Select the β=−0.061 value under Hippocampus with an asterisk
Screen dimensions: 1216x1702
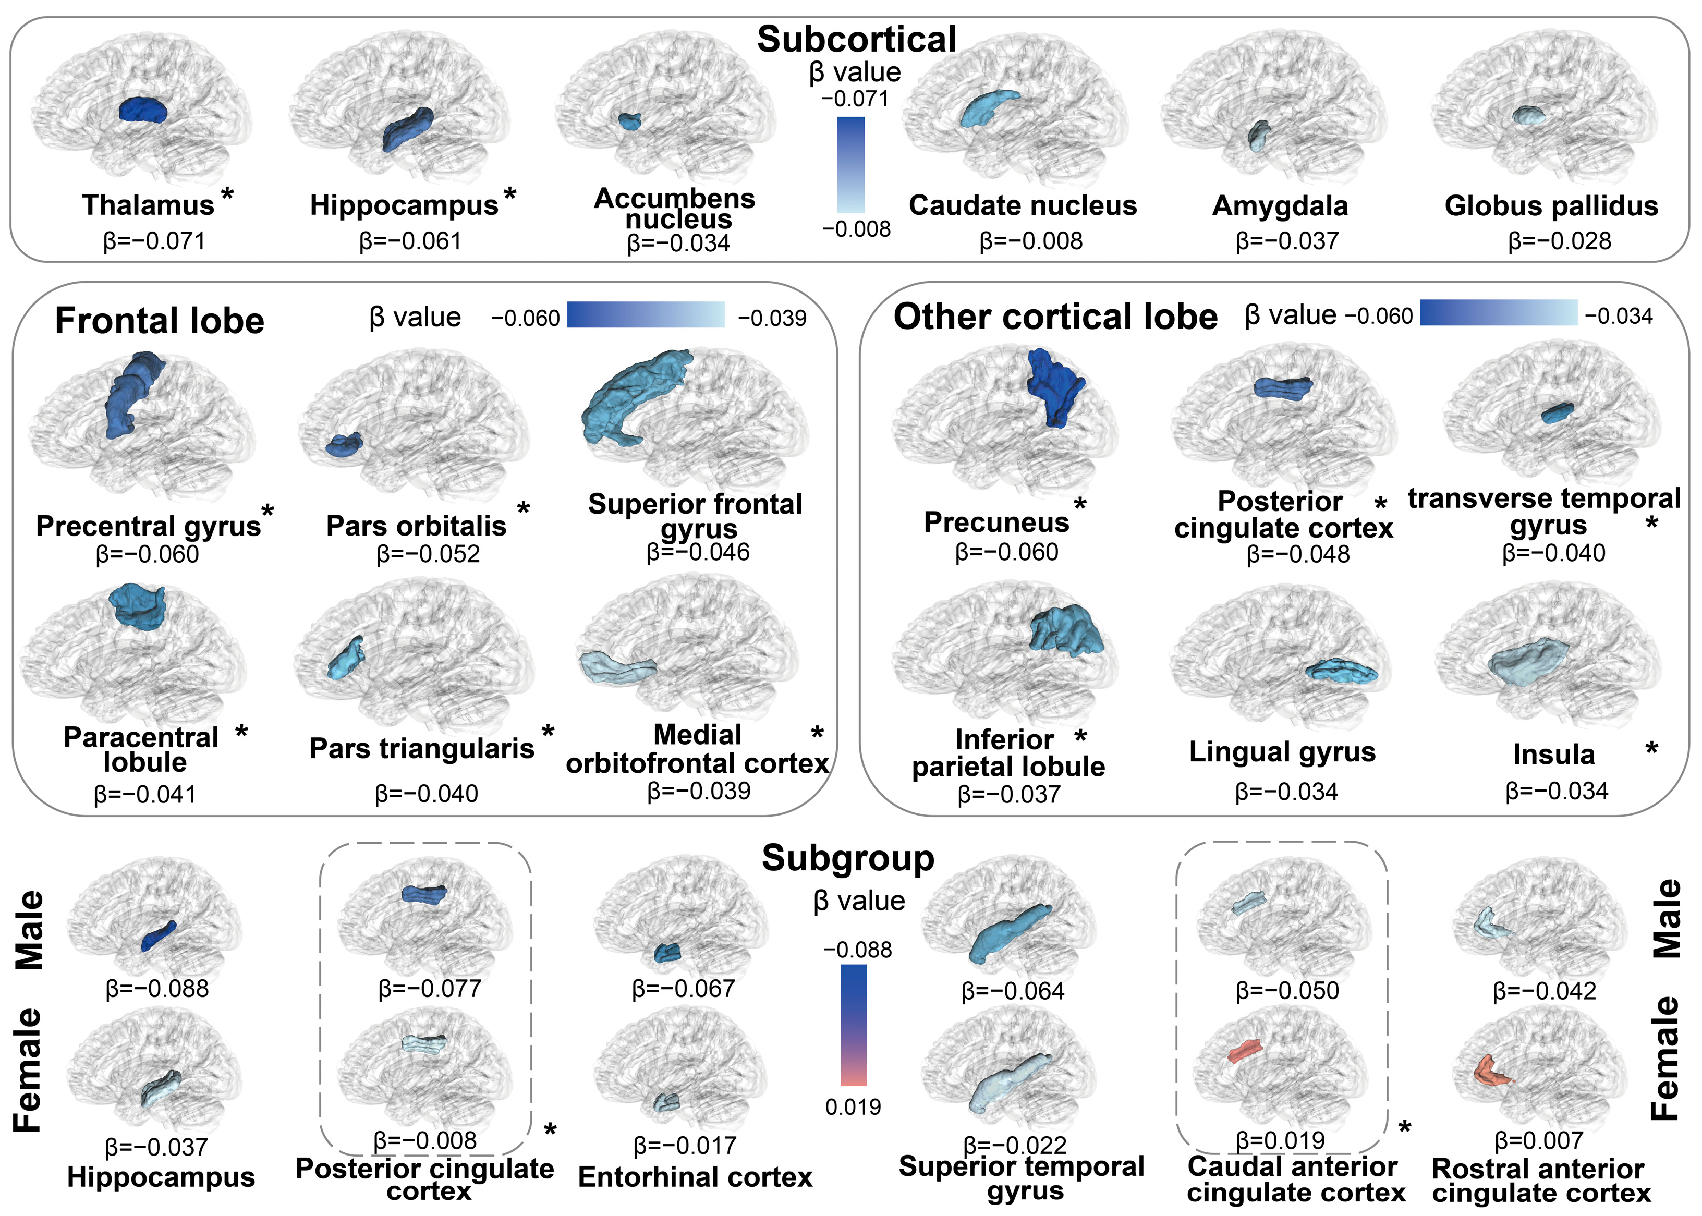(x=410, y=241)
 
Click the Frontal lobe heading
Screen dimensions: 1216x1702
(x=160, y=321)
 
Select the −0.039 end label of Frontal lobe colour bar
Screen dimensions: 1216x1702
(x=772, y=318)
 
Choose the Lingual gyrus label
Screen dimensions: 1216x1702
(x=1282, y=752)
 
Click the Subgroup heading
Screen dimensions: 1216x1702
(x=848, y=858)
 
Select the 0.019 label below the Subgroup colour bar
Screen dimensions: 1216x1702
(x=853, y=1106)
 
